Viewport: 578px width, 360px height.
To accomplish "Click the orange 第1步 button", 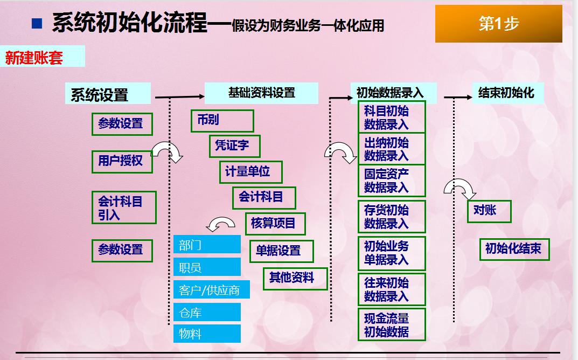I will [x=498, y=24].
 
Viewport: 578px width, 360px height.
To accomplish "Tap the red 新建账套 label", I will [x=34, y=57].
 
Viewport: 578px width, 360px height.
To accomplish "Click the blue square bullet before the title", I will [x=37, y=23].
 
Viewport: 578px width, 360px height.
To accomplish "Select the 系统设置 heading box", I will [x=108, y=94].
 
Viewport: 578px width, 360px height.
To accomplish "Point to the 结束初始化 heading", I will [x=506, y=93].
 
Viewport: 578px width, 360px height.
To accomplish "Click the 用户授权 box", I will [x=122, y=161].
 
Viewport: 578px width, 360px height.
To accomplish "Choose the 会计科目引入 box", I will [x=124, y=207].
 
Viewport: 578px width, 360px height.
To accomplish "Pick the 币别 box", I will [x=222, y=120].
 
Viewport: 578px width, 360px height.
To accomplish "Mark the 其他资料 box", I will [x=296, y=278].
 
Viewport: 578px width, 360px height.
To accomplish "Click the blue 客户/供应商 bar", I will [x=207, y=290].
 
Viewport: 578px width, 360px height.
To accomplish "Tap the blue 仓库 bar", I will [x=207, y=313].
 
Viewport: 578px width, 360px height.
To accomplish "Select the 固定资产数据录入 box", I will [x=392, y=181].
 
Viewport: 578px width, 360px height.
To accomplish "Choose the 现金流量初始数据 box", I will [x=392, y=325].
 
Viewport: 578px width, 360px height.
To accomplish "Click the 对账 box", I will [x=488, y=210].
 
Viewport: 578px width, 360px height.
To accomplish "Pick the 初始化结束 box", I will [x=514, y=249].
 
